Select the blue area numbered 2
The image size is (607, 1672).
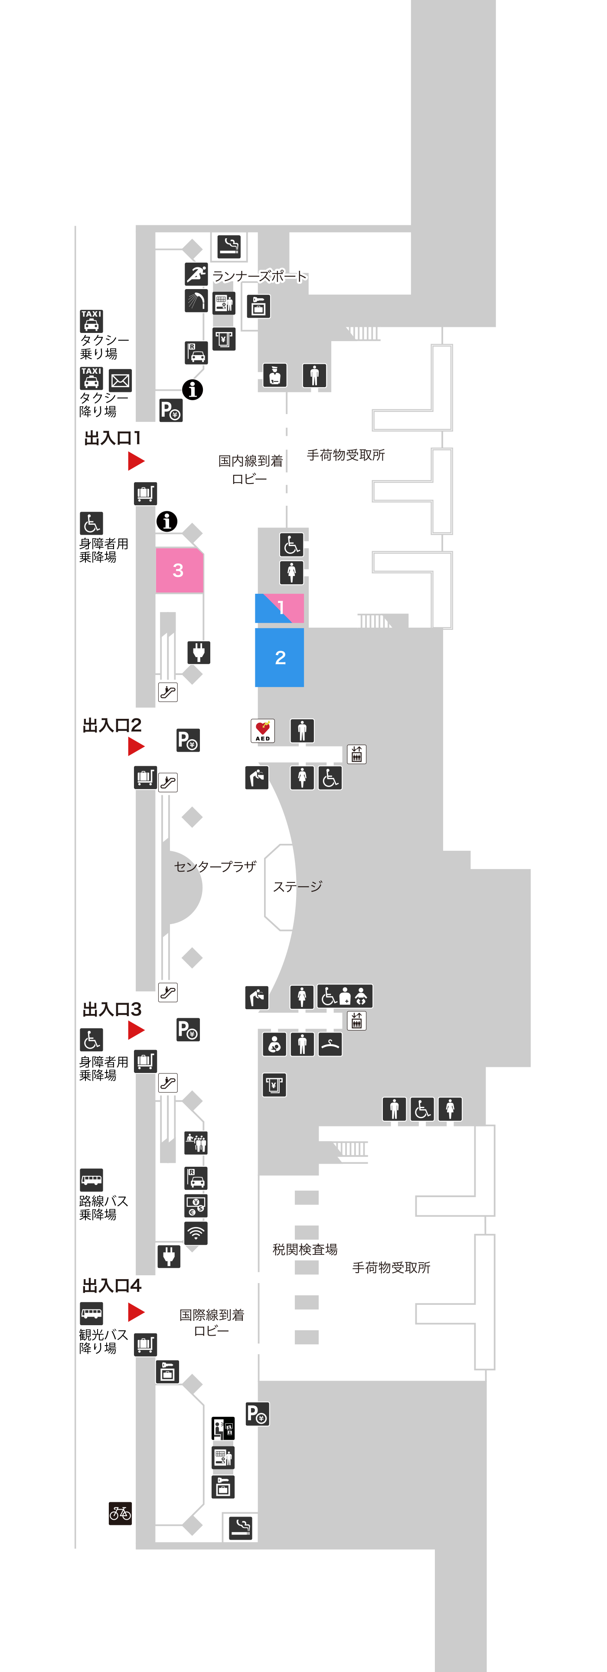[280, 657]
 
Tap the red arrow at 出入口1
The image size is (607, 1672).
[136, 461]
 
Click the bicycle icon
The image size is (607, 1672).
[120, 1514]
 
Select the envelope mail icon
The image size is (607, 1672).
[120, 380]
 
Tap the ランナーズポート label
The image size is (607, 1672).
[259, 276]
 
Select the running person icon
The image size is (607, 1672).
[196, 274]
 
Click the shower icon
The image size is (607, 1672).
[196, 300]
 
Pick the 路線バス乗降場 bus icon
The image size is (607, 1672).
[91, 1180]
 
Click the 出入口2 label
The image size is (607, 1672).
[111, 725]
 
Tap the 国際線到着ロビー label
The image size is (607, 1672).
[212, 1323]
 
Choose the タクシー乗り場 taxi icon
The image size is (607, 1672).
[91, 321]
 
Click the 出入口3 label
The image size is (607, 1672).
[111, 1009]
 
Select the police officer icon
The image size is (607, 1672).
[275, 375]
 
